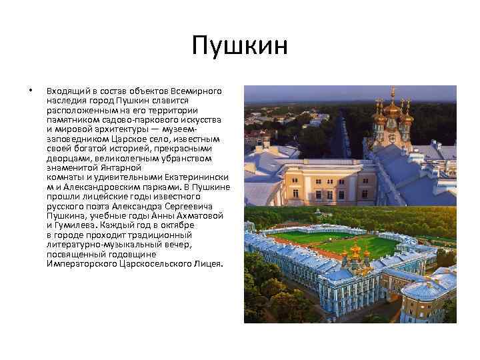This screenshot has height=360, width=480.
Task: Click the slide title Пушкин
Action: click(x=239, y=46)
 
